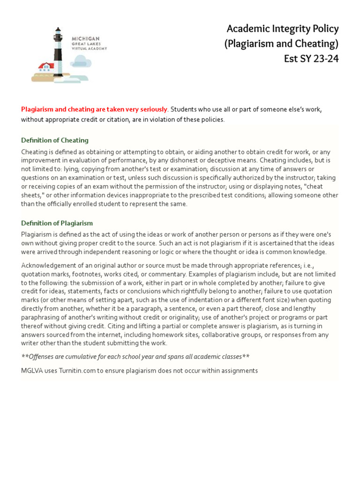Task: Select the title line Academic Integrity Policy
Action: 282,29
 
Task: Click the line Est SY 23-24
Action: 311,59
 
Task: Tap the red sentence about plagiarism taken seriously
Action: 94,109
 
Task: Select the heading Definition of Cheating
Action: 55,140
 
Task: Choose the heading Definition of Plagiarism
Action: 57,223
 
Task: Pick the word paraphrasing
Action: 39,317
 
